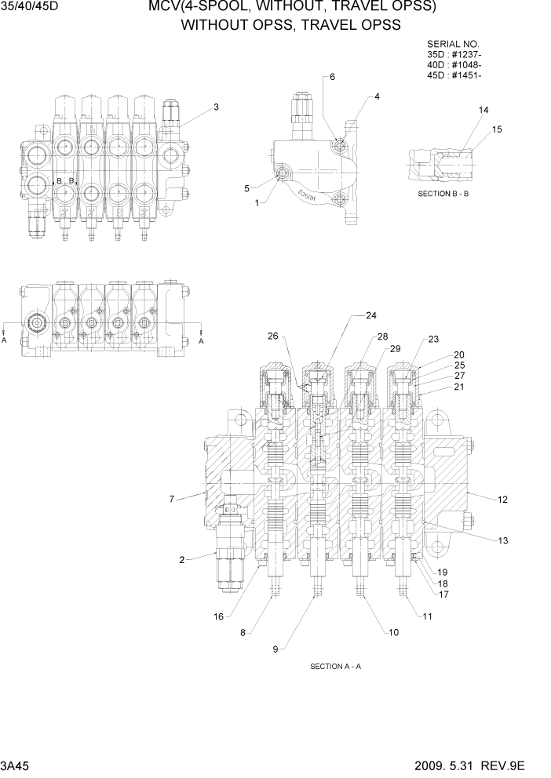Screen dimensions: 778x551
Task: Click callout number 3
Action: [216, 107]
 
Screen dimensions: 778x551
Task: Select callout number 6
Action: [332, 77]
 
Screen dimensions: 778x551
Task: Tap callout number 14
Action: [483, 110]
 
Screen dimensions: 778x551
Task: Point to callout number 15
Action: [496, 129]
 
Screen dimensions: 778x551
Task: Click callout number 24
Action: [371, 315]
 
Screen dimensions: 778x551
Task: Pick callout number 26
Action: [272, 336]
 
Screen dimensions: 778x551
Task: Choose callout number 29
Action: [396, 348]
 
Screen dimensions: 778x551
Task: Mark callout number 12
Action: [503, 499]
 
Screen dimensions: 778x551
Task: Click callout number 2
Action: [181, 560]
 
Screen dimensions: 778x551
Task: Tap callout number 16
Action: [219, 616]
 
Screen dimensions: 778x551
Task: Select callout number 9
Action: [275, 649]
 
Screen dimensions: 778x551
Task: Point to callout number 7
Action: [171, 498]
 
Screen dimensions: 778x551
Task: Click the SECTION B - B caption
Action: [443, 193]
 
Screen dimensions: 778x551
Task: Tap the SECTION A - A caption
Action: [335, 667]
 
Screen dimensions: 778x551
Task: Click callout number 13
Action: [503, 540]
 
